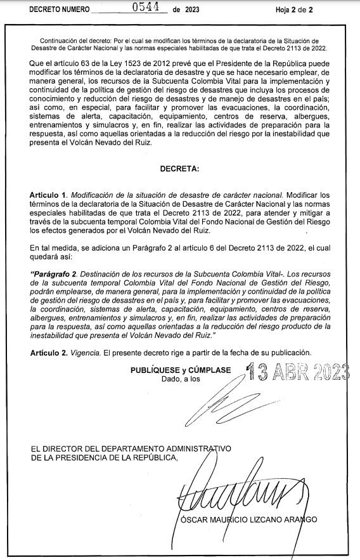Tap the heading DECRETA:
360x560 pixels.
pos(180,169)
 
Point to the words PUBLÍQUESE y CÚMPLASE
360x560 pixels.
pos(181,370)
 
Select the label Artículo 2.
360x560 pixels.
pos(48,352)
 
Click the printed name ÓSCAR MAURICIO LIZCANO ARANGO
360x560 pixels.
pos(248,520)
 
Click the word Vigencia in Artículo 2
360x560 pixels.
pos(86,352)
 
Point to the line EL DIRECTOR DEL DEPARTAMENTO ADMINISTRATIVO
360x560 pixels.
pos(131,449)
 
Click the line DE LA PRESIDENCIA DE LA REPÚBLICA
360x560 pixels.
pos(105,458)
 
